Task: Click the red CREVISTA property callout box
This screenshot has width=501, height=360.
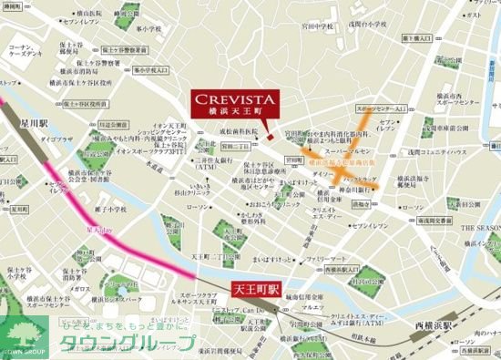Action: (235, 103)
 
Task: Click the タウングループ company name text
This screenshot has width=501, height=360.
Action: (128, 342)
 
